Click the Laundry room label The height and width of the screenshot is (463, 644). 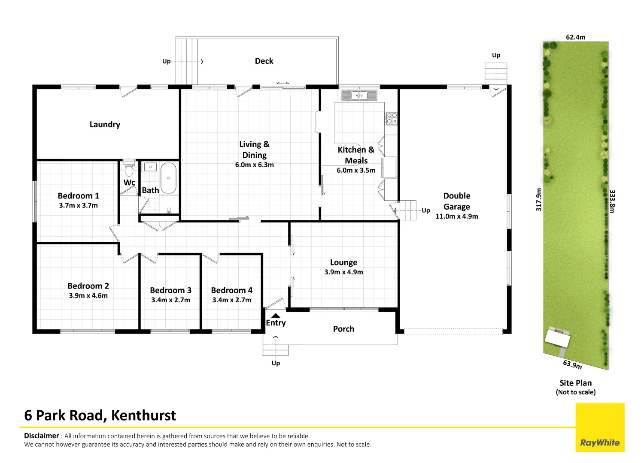coord(105,124)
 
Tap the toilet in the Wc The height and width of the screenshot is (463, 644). coord(129,169)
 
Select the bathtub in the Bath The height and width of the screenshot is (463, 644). coord(168,178)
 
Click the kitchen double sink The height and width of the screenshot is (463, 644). coord(359,95)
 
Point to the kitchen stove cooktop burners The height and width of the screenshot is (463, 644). coord(392,118)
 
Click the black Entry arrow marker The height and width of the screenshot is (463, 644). coord(276,316)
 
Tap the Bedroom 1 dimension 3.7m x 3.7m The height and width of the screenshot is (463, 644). coord(79,205)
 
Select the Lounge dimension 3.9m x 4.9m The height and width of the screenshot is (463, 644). coord(343,272)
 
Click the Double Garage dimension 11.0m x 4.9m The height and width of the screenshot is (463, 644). coord(457,216)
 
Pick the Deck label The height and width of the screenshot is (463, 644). coord(264,61)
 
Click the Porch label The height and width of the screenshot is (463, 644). coord(343,329)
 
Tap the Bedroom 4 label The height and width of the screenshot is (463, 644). coord(232,290)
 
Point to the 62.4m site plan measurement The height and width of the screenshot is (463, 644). coord(575,37)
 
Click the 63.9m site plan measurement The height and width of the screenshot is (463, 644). coord(572,364)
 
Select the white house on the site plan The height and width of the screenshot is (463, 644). coord(557,338)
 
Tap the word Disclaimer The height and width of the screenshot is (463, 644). coord(41,436)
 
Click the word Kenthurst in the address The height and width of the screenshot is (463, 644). coord(143,415)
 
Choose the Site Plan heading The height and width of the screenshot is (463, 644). coord(575,383)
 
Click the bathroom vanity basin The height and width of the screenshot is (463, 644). coord(150,167)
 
